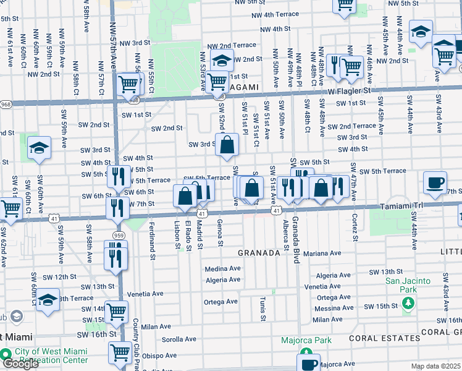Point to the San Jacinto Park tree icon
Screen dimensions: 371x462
pos(407,304)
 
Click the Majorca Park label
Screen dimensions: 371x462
pos(306,340)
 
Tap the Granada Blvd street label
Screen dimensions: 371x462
pos(296,241)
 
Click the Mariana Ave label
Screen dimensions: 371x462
pos(322,253)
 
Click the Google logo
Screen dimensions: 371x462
pos(20,364)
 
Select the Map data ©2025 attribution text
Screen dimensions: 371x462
pos(435,366)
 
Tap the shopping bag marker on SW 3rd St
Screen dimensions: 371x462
pos(227,145)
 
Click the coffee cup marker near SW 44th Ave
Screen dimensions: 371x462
pos(435,182)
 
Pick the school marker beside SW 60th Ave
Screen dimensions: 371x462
pos(39,148)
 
